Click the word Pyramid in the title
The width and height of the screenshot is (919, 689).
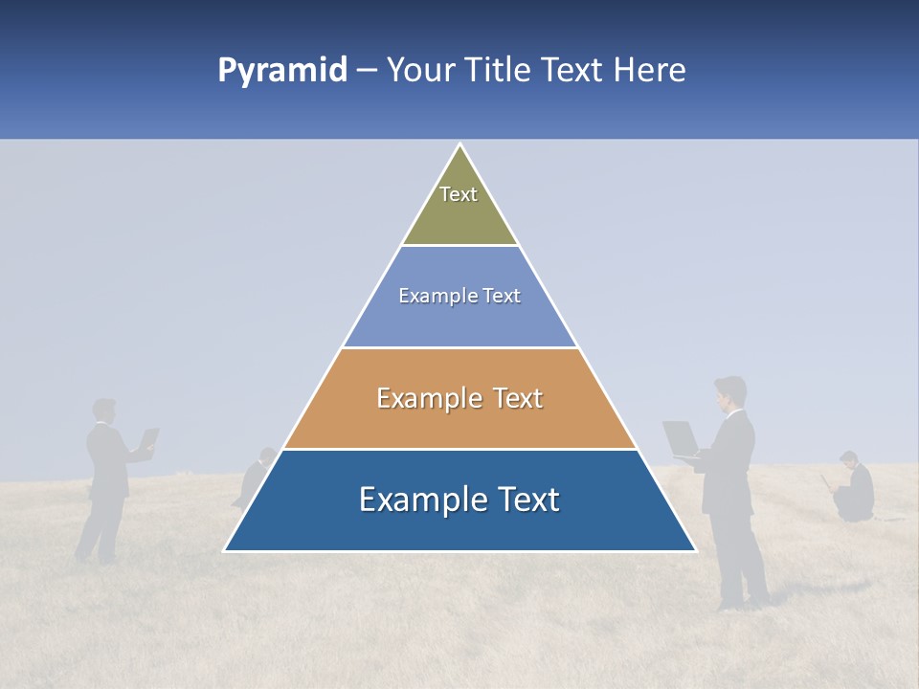(281, 71)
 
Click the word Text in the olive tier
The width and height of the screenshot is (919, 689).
(459, 194)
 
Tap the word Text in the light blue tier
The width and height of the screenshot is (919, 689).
(502, 296)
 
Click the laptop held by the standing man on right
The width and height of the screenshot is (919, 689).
(682, 438)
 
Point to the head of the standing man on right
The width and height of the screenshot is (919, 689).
(730, 391)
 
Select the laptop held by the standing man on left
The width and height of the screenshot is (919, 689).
(149, 439)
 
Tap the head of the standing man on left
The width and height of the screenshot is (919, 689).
(104, 411)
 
